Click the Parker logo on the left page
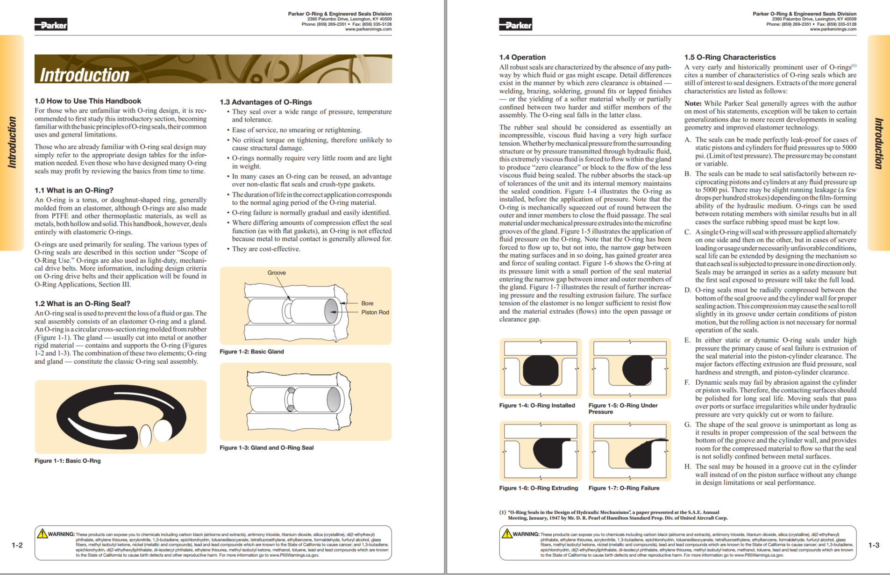[51, 25]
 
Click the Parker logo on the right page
[515, 25]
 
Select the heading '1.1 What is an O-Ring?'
[74, 190]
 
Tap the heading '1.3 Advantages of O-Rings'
[265, 102]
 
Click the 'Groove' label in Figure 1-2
[277, 273]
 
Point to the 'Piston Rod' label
[375, 312]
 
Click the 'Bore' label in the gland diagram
[367, 303]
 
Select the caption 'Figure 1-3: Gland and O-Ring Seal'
[266, 447]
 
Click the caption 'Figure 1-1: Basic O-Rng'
[67, 460]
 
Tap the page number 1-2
[17, 545]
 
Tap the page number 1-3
[874, 545]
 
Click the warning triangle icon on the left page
[42, 533]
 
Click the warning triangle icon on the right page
[507, 533]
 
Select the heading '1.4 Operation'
[522, 57]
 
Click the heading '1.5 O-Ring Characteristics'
[730, 57]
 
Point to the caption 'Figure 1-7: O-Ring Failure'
[624, 488]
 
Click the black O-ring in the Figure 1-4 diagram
[541, 370]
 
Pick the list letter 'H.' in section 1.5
[688, 467]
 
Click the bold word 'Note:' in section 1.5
[693, 103]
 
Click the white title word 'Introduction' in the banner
[85, 75]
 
